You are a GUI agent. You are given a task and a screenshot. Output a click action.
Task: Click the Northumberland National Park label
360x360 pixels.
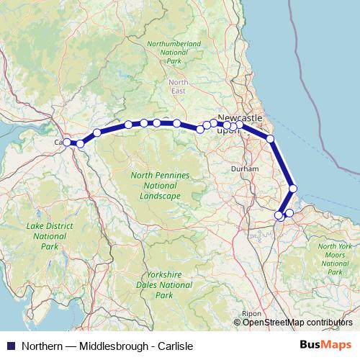174,52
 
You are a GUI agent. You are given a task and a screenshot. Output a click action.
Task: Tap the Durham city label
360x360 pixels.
239,168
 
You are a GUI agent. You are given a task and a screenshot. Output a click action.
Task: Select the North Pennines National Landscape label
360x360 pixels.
161,185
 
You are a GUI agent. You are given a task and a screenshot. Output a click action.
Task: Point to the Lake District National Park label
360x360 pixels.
50,235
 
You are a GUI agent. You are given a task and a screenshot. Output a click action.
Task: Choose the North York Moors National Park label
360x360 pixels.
335,259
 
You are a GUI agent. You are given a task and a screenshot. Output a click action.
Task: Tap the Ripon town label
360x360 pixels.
251,314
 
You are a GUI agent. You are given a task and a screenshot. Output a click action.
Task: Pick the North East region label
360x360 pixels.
179,86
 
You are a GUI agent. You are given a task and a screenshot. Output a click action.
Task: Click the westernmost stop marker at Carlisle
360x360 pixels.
66,143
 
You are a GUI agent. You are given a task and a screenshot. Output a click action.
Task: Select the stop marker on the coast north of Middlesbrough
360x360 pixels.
293,189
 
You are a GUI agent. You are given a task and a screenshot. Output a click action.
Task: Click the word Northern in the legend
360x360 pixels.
42,346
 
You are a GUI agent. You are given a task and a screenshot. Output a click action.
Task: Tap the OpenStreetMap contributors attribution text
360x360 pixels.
297,323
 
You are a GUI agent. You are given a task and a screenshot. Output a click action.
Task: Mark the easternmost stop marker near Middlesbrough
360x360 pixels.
289,212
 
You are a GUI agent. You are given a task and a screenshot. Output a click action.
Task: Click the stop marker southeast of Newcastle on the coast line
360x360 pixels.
270,139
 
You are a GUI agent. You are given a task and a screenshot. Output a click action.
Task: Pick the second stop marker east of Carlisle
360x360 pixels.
96,133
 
